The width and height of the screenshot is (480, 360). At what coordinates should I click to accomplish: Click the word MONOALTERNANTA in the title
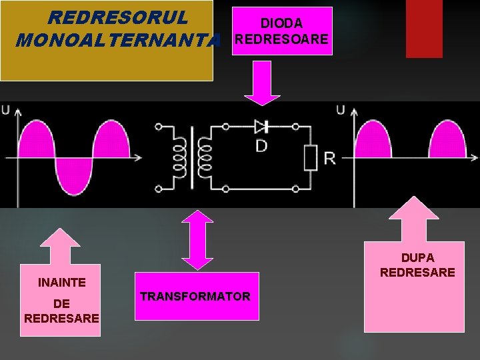pos(117,41)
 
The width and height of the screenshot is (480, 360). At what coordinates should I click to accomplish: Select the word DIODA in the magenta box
pos(281,24)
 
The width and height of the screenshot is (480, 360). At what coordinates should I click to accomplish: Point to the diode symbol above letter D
pos(261,126)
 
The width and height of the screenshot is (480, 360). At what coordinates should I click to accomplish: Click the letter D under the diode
pos(262,145)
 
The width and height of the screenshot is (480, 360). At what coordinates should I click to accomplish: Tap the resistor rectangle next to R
pos(311,157)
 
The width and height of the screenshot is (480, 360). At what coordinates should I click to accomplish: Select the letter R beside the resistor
pos(329,158)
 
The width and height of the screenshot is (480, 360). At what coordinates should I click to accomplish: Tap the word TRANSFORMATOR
pos(195,296)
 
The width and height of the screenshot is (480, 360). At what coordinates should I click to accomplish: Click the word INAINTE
pos(62,282)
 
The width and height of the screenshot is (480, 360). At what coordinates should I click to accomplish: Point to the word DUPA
pos(417,257)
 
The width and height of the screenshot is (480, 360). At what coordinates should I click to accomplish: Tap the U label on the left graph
pos(5,110)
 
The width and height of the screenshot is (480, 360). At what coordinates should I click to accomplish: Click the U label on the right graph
pos(340,110)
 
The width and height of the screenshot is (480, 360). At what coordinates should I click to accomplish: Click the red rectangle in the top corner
pos(424,29)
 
